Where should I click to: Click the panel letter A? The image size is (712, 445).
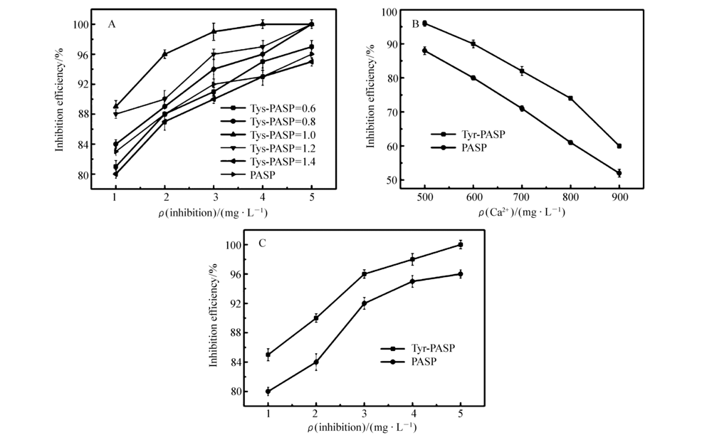coord(112,24)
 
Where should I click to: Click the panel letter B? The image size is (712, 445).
coord(416,23)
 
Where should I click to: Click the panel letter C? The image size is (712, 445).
coord(263,243)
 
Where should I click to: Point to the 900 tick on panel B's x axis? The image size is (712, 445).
coord(619,197)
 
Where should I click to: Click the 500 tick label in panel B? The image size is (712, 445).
coord(425,197)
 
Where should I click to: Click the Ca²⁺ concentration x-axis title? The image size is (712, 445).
coord(522,212)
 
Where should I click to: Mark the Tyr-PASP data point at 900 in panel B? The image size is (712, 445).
coord(619,146)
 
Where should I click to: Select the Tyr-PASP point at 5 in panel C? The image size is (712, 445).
coord(460,245)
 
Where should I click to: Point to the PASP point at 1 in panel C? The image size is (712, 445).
coord(268,391)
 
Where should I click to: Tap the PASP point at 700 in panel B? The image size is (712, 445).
coord(522,108)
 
